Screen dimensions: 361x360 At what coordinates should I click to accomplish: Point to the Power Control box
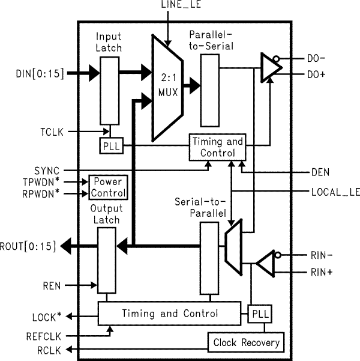point(108,187)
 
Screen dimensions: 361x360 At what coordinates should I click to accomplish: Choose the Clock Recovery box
point(246,343)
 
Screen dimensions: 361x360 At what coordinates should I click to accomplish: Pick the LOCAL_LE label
point(335,192)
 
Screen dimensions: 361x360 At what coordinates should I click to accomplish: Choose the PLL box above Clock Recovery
point(259,314)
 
